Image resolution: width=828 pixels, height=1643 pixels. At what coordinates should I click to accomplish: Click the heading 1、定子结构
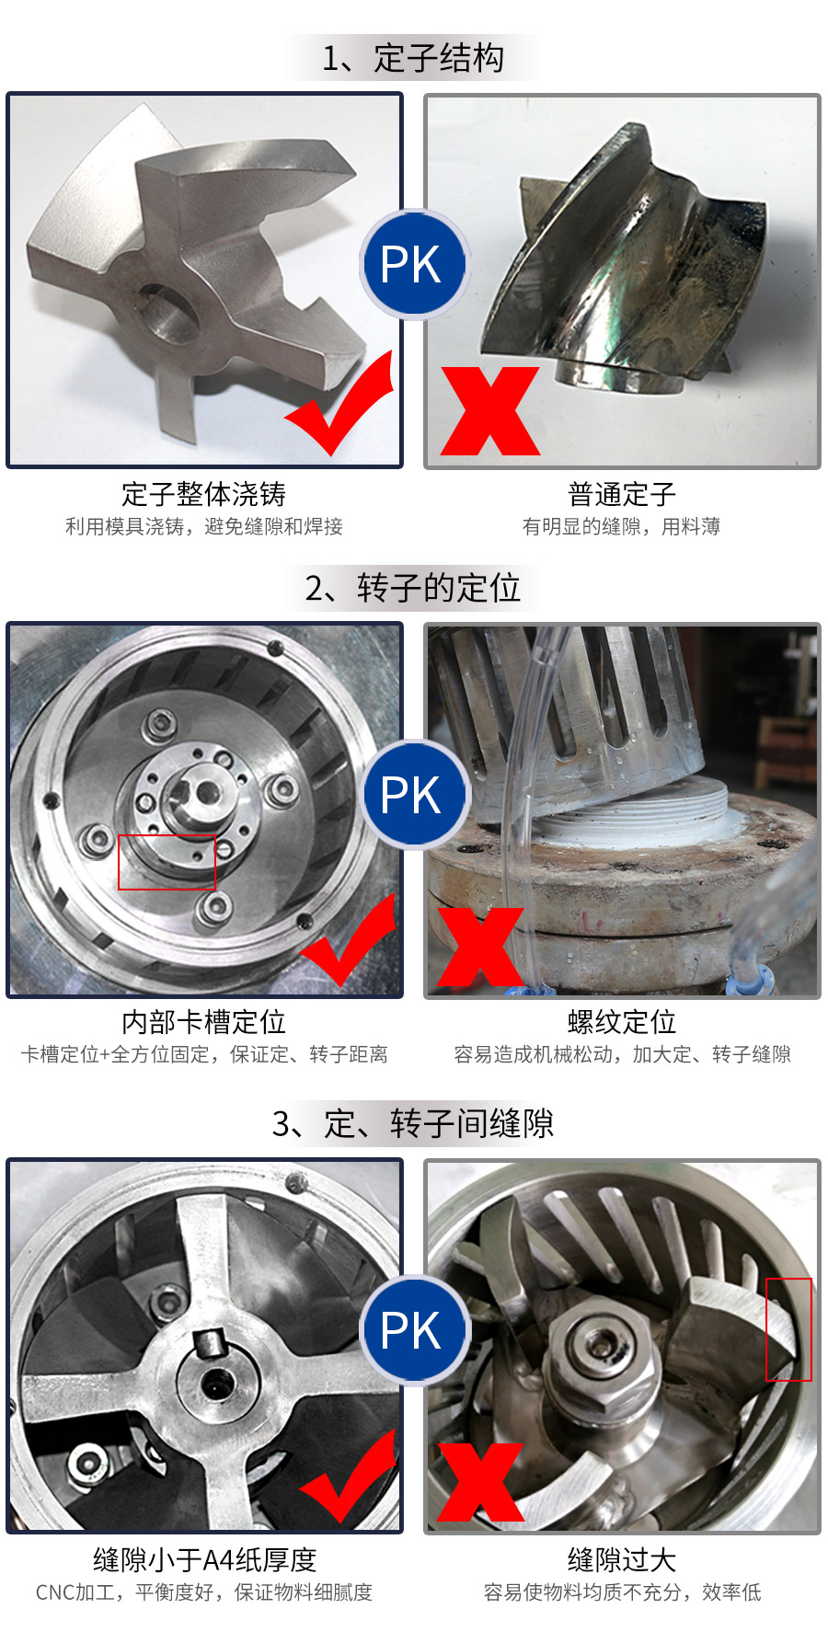click(413, 59)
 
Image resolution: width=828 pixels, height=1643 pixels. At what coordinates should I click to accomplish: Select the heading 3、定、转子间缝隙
click(413, 1124)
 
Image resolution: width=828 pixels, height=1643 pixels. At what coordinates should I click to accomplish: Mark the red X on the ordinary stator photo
click(489, 411)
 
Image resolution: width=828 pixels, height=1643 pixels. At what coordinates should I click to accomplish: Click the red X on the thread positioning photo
click(480, 948)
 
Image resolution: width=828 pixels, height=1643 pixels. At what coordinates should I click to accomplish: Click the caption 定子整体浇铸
click(204, 495)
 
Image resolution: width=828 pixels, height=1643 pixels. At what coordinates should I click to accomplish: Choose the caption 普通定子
click(622, 495)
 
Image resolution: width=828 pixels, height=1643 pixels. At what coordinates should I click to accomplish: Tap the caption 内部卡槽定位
click(204, 1023)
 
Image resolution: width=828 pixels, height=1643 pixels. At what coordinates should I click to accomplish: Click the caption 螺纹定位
click(622, 1023)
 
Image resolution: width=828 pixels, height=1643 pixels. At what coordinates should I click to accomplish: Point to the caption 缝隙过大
click(622, 1560)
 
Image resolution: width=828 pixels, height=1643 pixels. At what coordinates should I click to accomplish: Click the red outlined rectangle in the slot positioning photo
click(167, 863)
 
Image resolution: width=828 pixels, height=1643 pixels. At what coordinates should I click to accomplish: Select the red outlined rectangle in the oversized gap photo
click(788, 1329)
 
